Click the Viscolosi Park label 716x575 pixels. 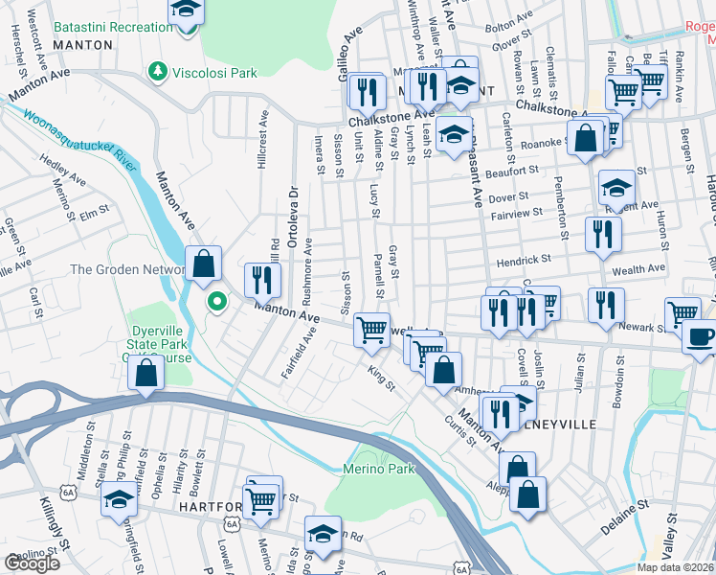click(x=215, y=72)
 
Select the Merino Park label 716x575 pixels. click(x=379, y=469)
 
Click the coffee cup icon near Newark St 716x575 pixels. click(x=701, y=337)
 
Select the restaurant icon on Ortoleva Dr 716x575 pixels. click(x=260, y=279)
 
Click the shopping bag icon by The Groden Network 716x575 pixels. click(x=203, y=263)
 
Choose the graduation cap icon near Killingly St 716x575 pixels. click(x=119, y=500)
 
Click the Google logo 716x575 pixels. click(x=32, y=563)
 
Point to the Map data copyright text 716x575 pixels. click(x=676, y=567)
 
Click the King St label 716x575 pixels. click(x=382, y=375)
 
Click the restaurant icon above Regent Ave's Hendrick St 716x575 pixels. click(x=603, y=234)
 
